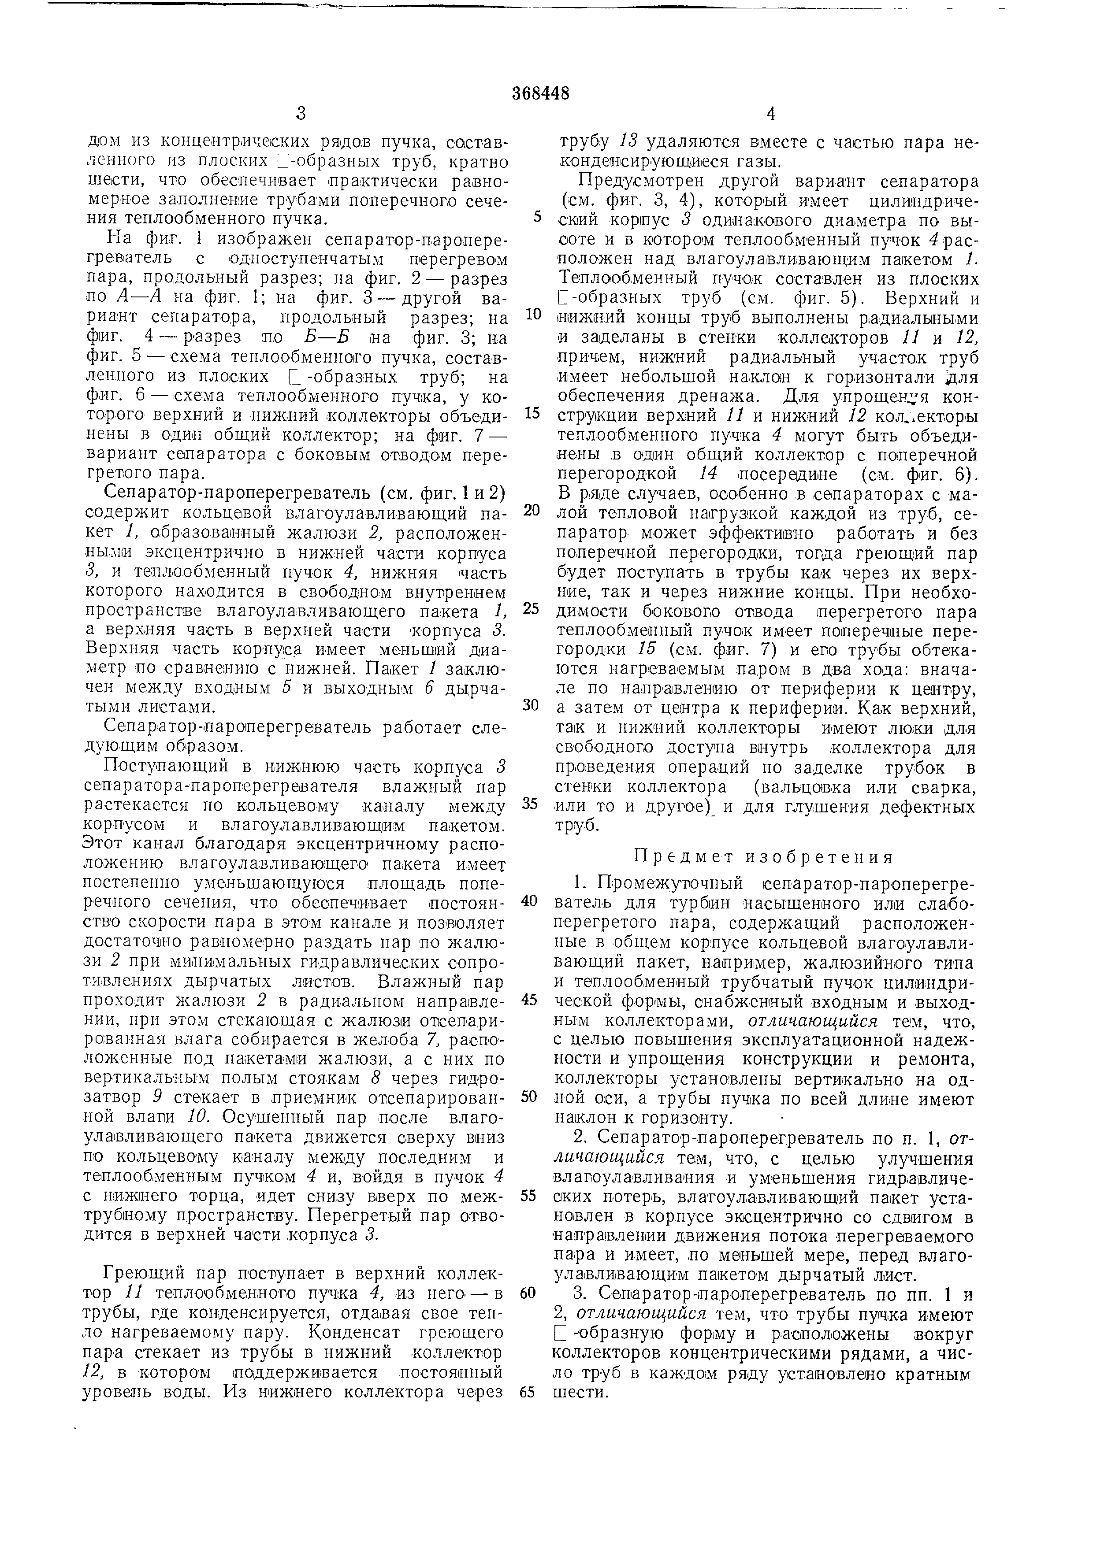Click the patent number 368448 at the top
coord(540,93)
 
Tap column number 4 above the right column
coord(771,114)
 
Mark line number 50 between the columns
coord(530,1097)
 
